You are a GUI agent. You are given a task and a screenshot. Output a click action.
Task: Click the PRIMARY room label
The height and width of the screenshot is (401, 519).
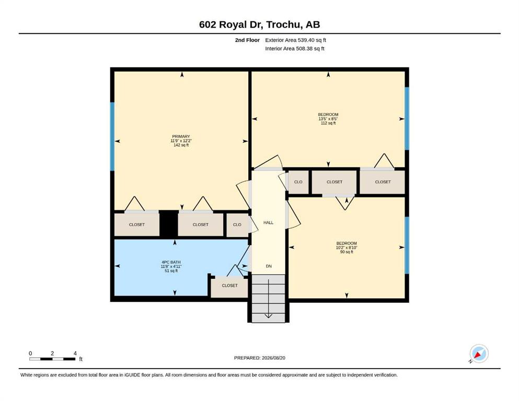pyautogui.click(x=181, y=136)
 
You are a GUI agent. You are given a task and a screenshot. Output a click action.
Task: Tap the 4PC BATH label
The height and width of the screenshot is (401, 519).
pyautogui.click(x=171, y=262)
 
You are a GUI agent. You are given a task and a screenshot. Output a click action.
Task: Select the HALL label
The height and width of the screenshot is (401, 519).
pyautogui.click(x=269, y=222)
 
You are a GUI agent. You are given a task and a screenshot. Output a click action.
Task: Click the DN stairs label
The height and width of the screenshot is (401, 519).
pyautogui.click(x=269, y=266)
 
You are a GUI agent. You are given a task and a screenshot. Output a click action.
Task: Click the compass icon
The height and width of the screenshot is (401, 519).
pyautogui.click(x=479, y=353)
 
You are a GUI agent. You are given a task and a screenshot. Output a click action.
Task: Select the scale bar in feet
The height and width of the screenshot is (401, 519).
pyautogui.click(x=52, y=359)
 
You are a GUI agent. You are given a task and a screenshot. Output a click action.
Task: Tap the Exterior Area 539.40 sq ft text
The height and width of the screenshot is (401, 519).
pyautogui.click(x=296, y=40)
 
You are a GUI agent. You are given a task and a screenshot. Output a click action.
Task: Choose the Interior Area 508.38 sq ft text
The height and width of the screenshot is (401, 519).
pyautogui.click(x=295, y=49)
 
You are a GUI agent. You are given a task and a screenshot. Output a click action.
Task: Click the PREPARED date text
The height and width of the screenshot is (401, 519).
pyautogui.click(x=259, y=358)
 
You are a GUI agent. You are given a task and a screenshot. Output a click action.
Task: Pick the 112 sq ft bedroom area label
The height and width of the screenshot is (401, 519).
pyautogui.click(x=328, y=123)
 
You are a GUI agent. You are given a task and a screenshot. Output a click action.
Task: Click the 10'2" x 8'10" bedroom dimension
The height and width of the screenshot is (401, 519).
pyautogui.click(x=347, y=247)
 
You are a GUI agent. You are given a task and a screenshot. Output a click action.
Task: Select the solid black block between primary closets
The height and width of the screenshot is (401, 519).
pyautogui.click(x=168, y=223)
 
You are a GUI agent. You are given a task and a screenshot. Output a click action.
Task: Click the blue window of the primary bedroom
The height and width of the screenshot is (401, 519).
pyautogui.click(x=112, y=136)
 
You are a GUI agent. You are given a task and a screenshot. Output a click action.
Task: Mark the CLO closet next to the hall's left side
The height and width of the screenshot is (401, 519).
pyautogui.click(x=237, y=225)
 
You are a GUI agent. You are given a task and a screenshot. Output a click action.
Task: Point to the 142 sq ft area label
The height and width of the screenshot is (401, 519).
pyautogui.click(x=181, y=145)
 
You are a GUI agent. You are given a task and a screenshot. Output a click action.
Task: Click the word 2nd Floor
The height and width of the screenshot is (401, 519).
pyautogui.click(x=247, y=40)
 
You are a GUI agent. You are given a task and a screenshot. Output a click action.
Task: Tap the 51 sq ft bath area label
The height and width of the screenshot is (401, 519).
pyautogui.click(x=171, y=271)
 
